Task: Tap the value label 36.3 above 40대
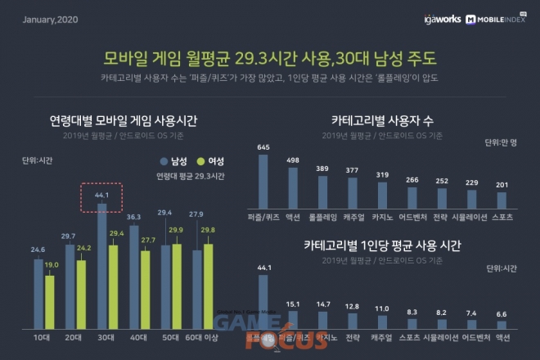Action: (x=133, y=217)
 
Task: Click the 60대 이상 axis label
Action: (x=202, y=337)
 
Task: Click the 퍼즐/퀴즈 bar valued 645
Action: (x=263, y=180)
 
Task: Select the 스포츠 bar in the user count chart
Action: (x=502, y=199)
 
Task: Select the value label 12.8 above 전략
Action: (x=353, y=306)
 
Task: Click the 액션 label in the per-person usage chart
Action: (x=502, y=336)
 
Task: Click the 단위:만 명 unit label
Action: (x=502, y=142)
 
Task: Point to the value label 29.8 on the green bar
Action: (x=209, y=230)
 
